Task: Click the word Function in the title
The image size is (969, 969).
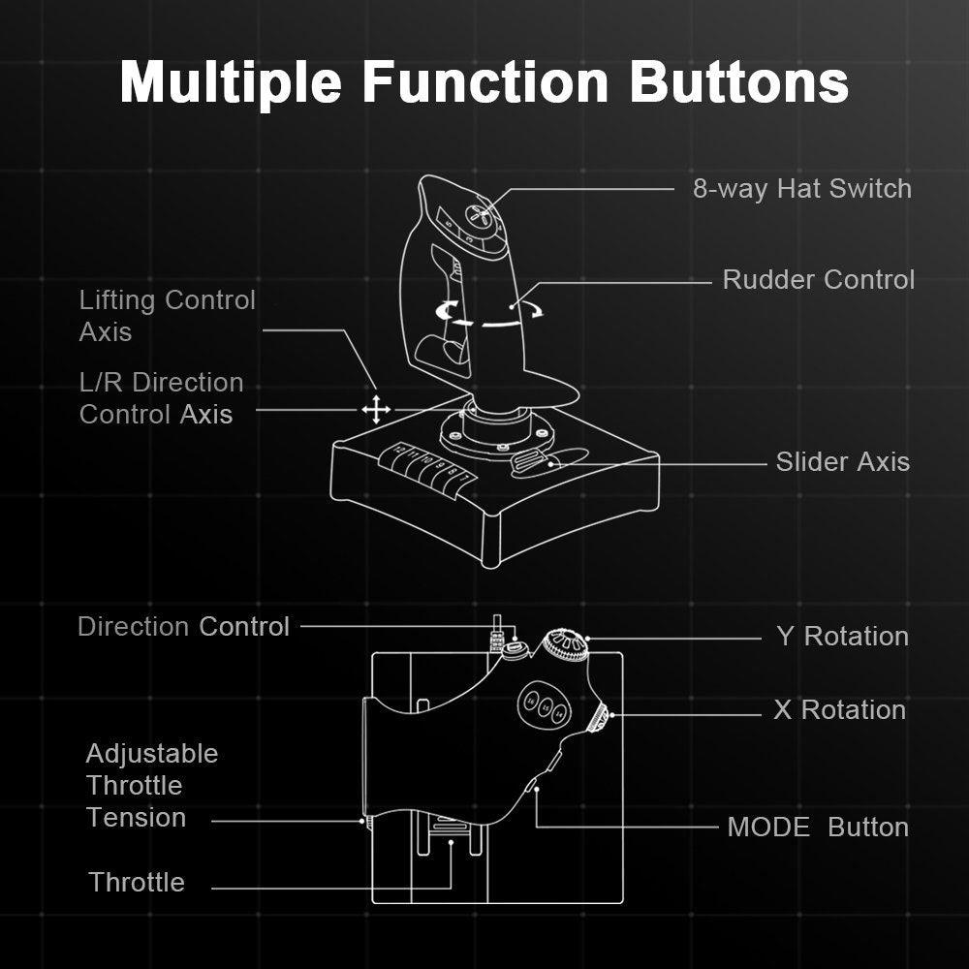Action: point(485,81)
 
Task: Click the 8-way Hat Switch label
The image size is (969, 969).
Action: point(801,188)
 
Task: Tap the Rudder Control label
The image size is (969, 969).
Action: point(818,280)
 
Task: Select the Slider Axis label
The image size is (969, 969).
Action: point(842,461)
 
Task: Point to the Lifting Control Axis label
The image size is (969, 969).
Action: point(167,316)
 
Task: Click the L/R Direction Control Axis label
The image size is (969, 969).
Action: point(161,398)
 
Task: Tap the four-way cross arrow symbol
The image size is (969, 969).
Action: point(376,410)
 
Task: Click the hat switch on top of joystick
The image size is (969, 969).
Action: point(480,216)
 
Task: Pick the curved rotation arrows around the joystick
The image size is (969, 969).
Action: point(489,313)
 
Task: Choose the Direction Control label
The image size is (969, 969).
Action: point(183,627)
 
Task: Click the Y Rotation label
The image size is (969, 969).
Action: point(842,637)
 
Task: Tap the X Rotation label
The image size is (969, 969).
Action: point(839,710)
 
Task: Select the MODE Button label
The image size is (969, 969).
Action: point(818,828)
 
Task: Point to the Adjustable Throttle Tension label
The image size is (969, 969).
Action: point(150,786)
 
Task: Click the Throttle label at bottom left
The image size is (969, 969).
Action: point(137,883)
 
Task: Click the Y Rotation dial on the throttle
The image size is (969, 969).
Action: point(567,643)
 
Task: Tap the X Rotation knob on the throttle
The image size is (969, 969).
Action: point(600,718)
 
